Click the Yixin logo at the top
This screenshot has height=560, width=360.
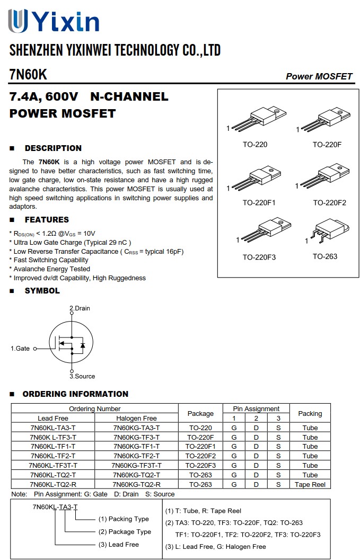[x=54, y=22]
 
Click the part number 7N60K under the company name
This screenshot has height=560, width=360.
[x=28, y=75]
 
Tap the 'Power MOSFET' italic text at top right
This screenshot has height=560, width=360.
[x=319, y=76]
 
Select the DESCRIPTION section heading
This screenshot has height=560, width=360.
[x=53, y=148]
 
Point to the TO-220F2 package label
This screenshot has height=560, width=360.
[x=329, y=203]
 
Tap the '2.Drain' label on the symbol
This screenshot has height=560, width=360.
[x=80, y=308]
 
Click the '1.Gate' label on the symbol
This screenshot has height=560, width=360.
[x=20, y=349]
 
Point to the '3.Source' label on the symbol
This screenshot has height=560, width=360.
[x=82, y=376]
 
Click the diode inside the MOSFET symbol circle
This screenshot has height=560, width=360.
[x=82, y=345]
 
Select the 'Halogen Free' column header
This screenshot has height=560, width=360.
[x=136, y=418]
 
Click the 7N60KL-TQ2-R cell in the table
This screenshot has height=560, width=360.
[x=53, y=484]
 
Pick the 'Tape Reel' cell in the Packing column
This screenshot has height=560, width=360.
[x=310, y=484]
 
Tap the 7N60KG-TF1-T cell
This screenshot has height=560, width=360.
[x=136, y=447]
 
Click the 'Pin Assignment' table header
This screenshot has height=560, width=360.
[x=256, y=409]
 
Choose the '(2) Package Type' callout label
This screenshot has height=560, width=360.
[x=125, y=531]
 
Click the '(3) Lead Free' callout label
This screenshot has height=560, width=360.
[x=118, y=544]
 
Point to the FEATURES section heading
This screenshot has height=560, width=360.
[x=47, y=220]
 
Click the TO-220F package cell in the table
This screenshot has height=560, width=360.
[x=200, y=437]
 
